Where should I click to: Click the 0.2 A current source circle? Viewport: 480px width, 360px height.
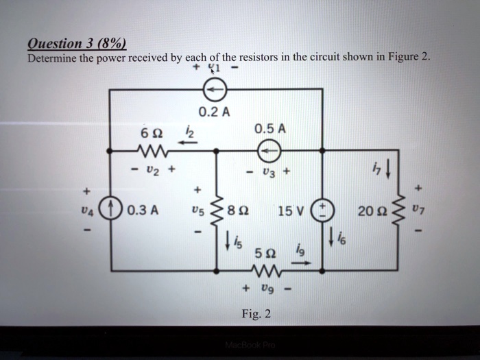pos(215,89)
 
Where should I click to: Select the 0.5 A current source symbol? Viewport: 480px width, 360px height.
pos(269,150)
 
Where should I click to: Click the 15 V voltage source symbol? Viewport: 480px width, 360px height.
pos(322,211)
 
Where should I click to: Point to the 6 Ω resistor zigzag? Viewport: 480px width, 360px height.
pos(152,150)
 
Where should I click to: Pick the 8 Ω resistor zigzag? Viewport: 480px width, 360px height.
pos(217,211)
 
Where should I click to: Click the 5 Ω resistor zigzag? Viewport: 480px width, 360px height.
pos(266,271)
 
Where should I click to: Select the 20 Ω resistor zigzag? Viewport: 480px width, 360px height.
pos(398,211)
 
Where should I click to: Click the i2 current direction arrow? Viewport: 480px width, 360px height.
pos(189,143)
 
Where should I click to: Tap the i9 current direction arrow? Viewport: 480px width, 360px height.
pos(301,263)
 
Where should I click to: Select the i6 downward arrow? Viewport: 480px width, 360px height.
pos(331,237)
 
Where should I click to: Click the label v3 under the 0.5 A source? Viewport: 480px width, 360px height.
pos(269,172)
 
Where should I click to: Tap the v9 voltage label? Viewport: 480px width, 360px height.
pos(267,289)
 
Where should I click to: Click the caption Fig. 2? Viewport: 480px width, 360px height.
pos(256,314)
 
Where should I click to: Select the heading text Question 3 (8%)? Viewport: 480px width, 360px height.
pos(77,44)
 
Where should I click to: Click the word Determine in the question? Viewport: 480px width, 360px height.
pos(52,58)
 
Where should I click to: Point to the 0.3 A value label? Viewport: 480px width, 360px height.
pos(143,211)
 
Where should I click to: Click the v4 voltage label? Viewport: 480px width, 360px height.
pos(87,211)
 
